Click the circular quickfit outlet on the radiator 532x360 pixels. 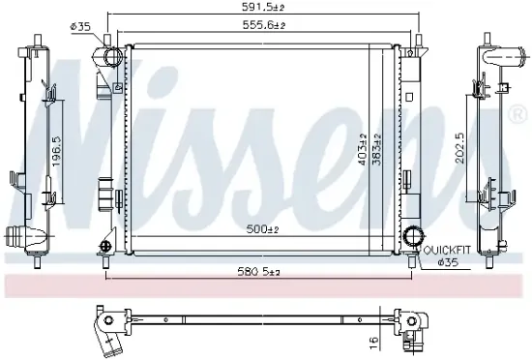point(415,236)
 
